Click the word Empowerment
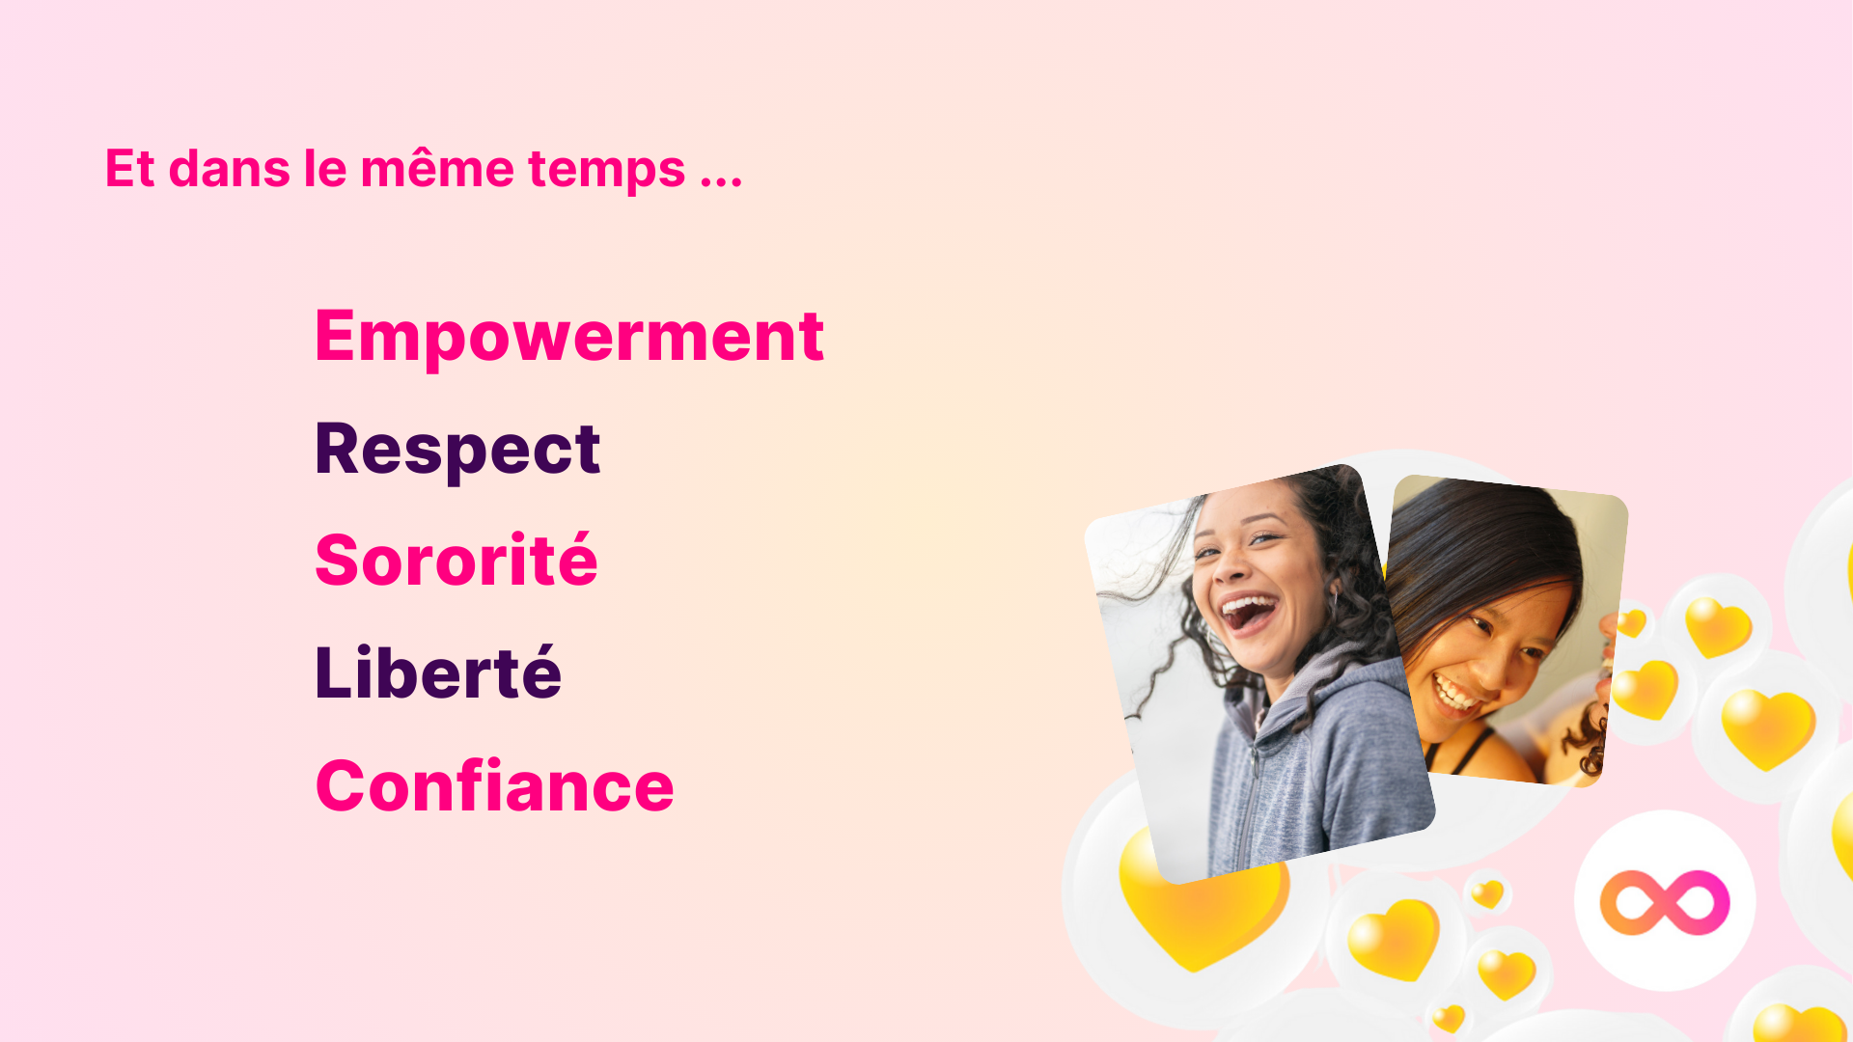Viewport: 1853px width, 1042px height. pos(569,337)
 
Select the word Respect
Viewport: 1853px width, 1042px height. pos(457,450)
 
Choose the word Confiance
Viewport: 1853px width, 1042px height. pos(494,785)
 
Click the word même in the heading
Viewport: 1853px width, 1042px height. pos(437,168)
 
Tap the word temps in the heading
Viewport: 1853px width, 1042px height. pos(607,172)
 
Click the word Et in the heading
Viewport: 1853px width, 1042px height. pos(129,169)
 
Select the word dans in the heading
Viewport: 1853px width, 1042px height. pos(230,169)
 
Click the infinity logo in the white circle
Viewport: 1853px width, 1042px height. pos(1665,902)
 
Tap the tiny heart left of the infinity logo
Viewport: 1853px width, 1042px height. pos(1487,894)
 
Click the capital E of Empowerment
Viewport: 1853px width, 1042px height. pos(337,336)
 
